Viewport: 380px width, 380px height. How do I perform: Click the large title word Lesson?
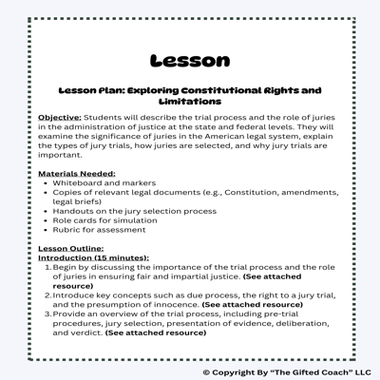pos(190,61)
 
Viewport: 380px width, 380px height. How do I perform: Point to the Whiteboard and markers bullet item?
pos(105,183)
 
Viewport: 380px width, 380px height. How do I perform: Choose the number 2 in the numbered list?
pos(47,295)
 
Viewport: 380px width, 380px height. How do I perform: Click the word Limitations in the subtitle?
pos(190,101)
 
